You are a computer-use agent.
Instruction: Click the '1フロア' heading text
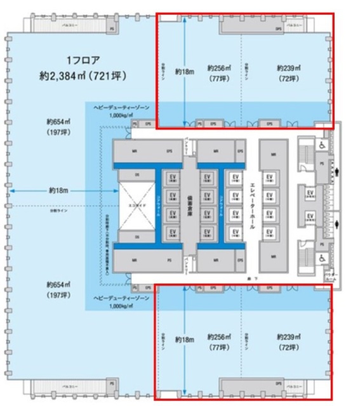pos(83,61)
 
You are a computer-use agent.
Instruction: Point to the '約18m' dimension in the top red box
pos(184,71)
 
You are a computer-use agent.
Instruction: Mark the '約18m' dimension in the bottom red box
pos(184,340)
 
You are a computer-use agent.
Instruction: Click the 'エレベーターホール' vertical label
pos(252,207)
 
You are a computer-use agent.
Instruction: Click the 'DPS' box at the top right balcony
pos(278,29)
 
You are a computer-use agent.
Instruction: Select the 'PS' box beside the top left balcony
pos(112,29)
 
